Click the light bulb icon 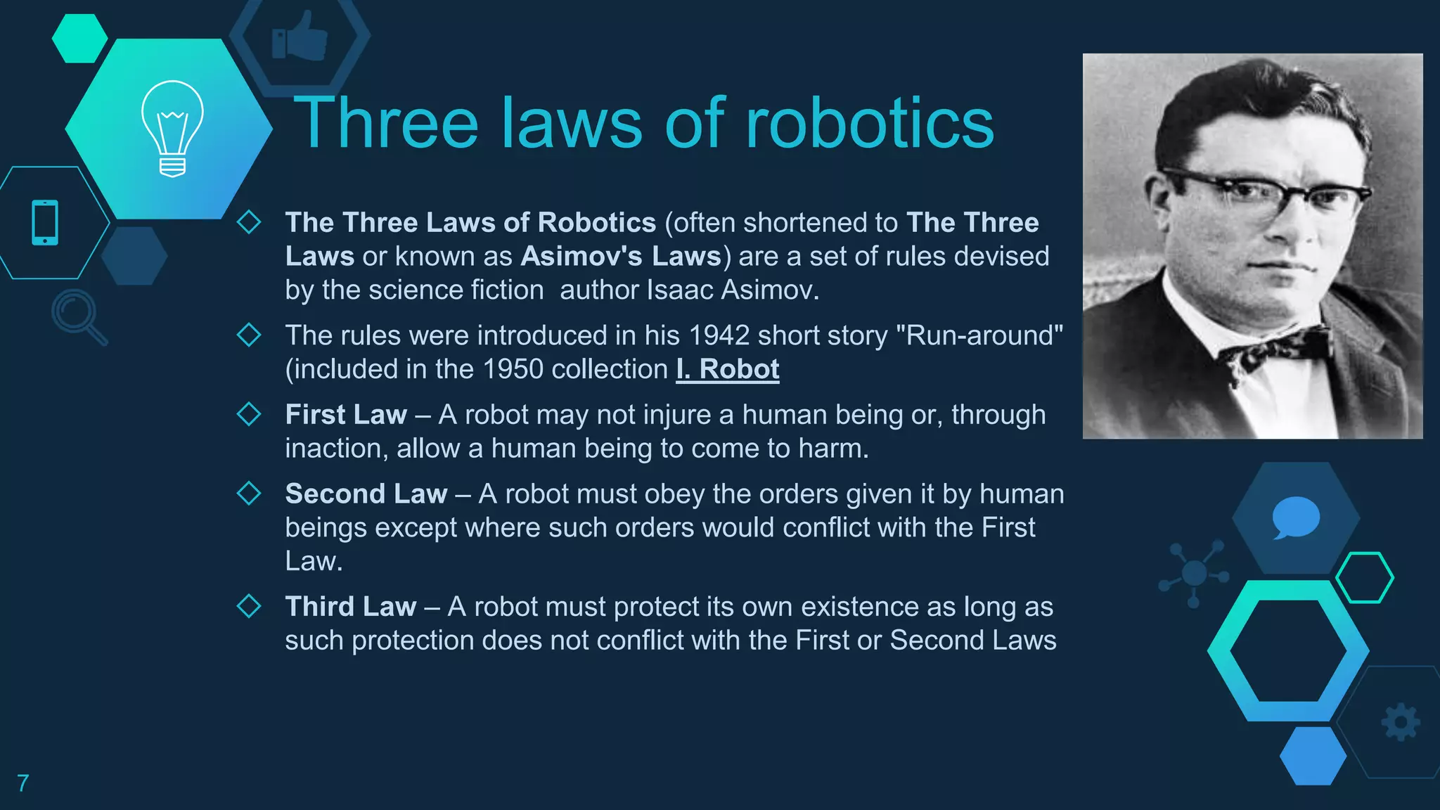pos(172,128)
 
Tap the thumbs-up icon pos(300,37)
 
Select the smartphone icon pos(45,223)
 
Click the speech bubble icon pos(1296,517)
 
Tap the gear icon pos(1401,721)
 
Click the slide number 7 pos(23,783)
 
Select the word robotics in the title pos(869,124)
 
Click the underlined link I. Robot pos(728,369)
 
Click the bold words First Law pos(346,415)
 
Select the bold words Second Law pos(366,494)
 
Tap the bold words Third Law pos(351,606)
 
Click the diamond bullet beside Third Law pos(249,605)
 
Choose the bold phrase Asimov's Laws pos(622,257)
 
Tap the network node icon pos(1194,573)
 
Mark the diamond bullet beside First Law pos(249,414)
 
